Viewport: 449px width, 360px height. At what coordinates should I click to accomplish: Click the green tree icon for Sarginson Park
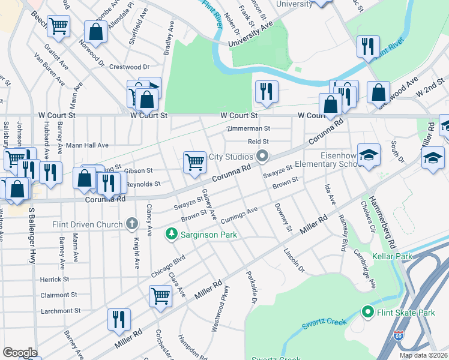pos(172,233)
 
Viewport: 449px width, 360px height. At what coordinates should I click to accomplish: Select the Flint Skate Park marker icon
pos(367,312)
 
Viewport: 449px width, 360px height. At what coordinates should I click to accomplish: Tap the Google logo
pos(20,353)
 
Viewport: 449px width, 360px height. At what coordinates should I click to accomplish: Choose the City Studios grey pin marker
pos(262,157)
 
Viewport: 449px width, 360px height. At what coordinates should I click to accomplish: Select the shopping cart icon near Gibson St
pos(194,161)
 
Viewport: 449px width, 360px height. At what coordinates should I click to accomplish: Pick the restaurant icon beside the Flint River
pos(367,46)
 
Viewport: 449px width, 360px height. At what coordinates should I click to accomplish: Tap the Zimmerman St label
pos(249,128)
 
